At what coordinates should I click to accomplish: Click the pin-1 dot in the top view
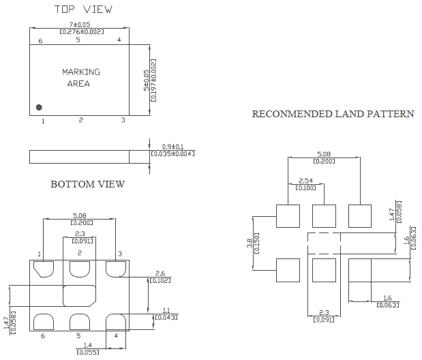[x=39, y=108]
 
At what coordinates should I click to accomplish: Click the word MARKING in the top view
[x=81, y=72]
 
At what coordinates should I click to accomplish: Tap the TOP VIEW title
[x=83, y=10]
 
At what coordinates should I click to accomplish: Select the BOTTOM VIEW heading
[x=87, y=184]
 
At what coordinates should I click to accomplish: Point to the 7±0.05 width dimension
[x=80, y=25]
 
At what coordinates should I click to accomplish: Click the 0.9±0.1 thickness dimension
[x=172, y=147]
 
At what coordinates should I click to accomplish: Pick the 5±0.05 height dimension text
[x=147, y=80]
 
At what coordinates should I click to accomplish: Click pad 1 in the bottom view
[x=44, y=269]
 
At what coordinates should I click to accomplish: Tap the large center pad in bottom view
[x=79, y=296]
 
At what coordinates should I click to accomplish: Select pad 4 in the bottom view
[x=116, y=322]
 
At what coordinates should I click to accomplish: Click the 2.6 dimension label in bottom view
[x=160, y=273]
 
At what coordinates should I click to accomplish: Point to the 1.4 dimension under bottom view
[x=88, y=345]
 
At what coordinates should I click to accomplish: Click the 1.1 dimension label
[x=166, y=310]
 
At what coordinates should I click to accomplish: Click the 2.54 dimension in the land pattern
[x=305, y=181]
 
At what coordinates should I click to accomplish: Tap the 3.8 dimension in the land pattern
[x=250, y=243]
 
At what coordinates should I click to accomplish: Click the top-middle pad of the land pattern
[x=324, y=216]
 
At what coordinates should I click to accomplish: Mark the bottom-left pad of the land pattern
[x=288, y=270]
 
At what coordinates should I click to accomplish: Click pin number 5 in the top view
[x=78, y=40]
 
